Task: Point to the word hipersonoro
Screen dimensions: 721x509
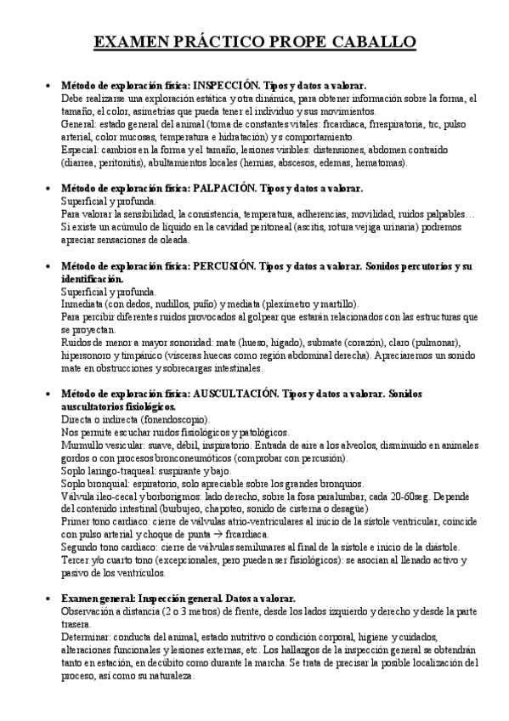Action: pyautogui.click(x=86, y=356)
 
